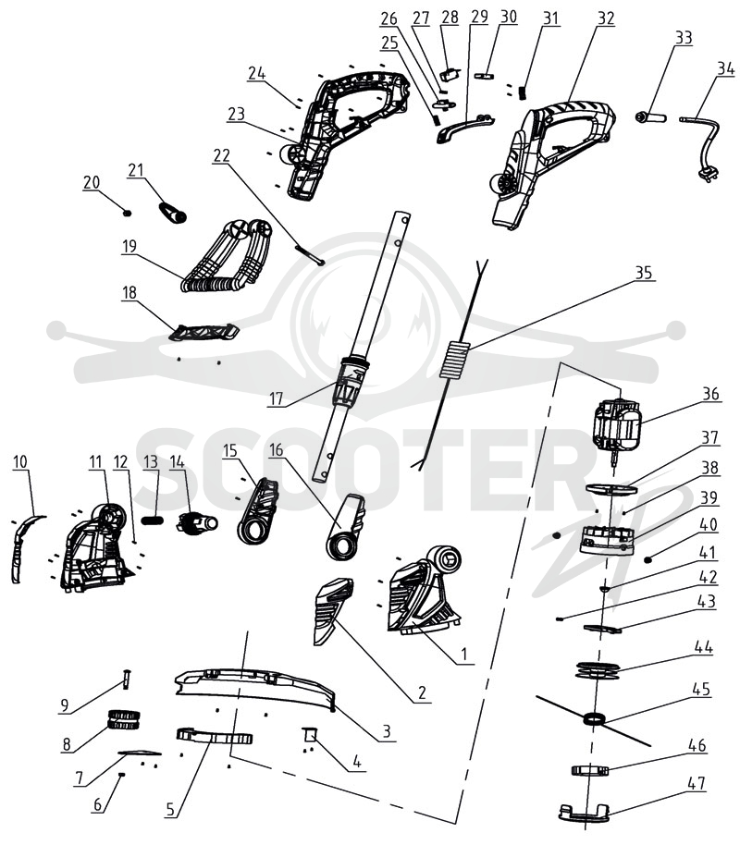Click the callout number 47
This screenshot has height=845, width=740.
[x=697, y=783]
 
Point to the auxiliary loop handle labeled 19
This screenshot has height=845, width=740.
[x=226, y=257]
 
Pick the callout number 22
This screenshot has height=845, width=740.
[x=222, y=155]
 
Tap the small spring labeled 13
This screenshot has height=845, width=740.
[x=153, y=520]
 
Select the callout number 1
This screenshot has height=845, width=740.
[x=463, y=655]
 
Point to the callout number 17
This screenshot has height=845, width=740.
[x=276, y=398]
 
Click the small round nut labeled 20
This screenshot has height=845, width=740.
[x=128, y=213]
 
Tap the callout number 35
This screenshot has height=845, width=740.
[x=644, y=273]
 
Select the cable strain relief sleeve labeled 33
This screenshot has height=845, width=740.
[x=650, y=117]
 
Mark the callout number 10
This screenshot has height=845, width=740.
[x=20, y=462]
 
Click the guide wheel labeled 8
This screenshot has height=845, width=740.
[x=125, y=719]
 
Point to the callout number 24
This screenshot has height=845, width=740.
[x=257, y=73]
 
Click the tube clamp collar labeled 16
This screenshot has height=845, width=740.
[x=345, y=527]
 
